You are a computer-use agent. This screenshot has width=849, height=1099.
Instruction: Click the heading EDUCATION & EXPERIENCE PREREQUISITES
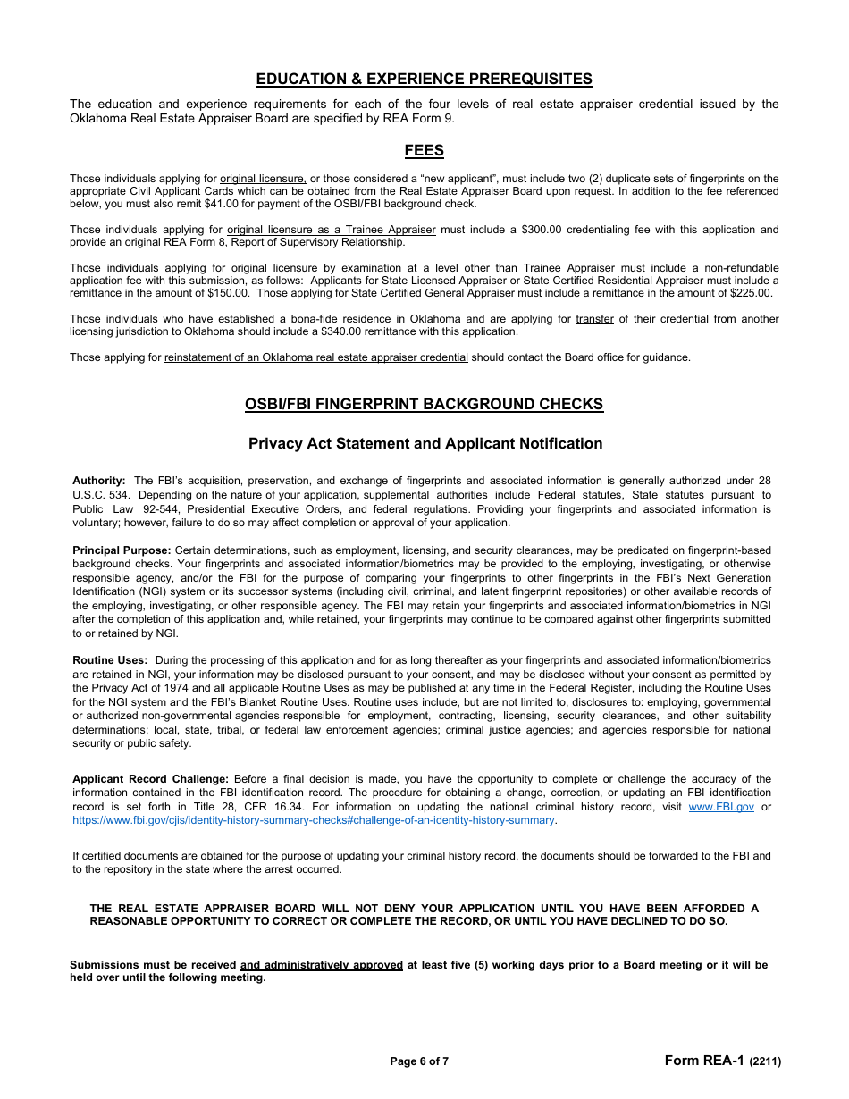pyautogui.click(x=424, y=79)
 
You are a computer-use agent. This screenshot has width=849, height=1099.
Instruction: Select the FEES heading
pyautogui.click(x=424, y=150)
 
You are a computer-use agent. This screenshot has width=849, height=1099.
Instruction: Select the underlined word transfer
pyautogui.click(x=594, y=319)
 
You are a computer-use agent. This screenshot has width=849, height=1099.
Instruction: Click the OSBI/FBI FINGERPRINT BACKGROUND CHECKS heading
pyautogui.click(x=424, y=404)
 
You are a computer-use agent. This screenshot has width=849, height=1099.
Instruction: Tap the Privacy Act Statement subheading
pyautogui.click(x=424, y=443)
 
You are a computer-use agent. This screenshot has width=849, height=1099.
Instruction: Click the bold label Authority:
pyautogui.click(x=98, y=481)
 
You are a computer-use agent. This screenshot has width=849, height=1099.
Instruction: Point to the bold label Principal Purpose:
pyautogui.click(x=122, y=550)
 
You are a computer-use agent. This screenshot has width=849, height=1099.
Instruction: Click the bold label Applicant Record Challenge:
pyautogui.click(x=150, y=779)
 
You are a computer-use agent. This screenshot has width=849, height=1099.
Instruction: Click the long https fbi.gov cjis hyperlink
pyautogui.click(x=314, y=820)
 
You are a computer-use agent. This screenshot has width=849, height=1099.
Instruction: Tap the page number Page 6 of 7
pyautogui.click(x=419, y=1061)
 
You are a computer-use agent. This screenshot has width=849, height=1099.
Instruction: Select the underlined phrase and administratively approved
pyautogui.click(x=322, y=965)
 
